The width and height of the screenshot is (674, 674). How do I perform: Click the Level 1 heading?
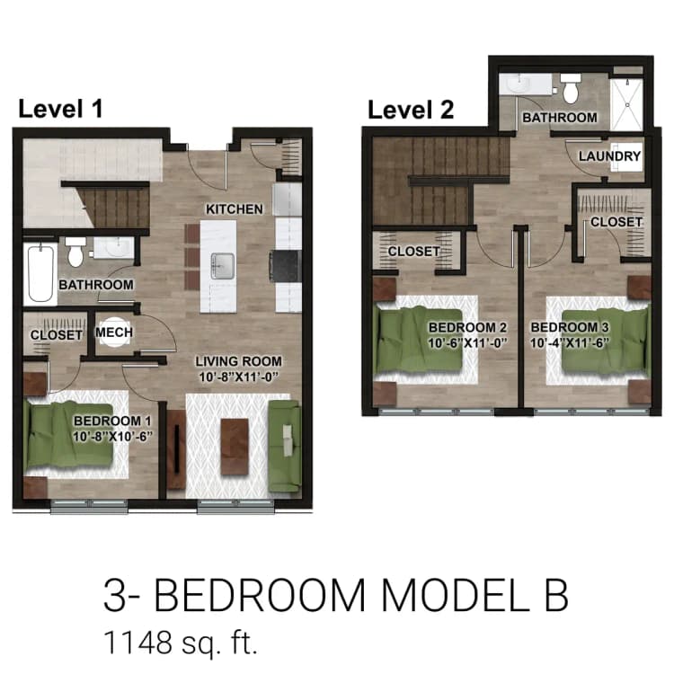60,109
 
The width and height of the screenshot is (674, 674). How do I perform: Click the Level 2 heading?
411,111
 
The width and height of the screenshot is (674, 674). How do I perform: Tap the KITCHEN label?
235,209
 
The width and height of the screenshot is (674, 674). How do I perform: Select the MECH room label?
114,333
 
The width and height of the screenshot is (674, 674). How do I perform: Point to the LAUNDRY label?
609,156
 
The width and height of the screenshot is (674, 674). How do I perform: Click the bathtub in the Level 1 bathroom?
40,273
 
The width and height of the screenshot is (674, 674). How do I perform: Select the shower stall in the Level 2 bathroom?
628,98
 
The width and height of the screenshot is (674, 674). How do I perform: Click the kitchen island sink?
222,266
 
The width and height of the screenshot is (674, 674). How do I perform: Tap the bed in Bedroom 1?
69,438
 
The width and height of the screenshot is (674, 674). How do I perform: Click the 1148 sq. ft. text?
181,643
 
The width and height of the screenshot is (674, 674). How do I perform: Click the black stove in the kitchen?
286,266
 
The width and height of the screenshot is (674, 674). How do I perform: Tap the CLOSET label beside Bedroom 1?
56,334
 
